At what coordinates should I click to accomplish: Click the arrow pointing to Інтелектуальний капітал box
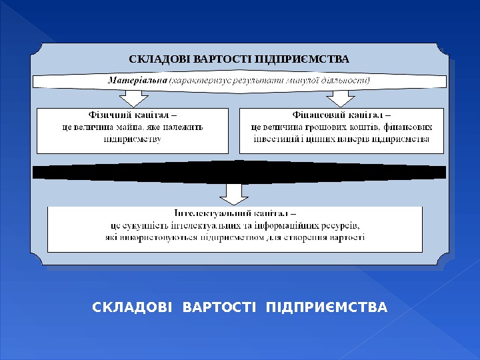(x=233, y=193)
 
